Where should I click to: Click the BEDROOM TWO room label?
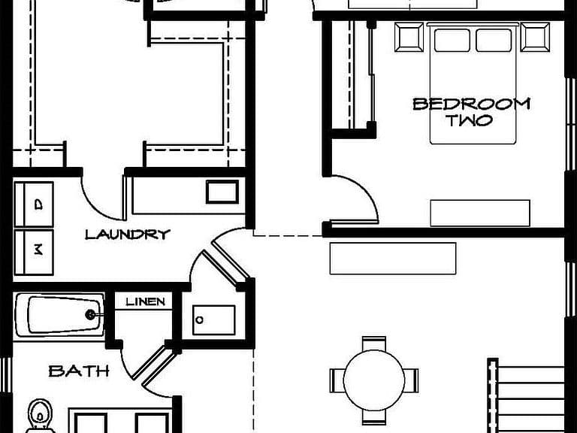tap(471, 112)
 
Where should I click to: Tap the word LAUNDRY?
tap(128, 235)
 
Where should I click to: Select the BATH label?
tap(79, 371)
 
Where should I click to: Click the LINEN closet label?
tap(145, 302)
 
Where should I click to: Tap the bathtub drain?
tap(90, 314)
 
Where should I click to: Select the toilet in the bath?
tap(40, 416)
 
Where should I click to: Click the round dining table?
tap(374, 380)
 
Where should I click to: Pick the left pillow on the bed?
tap(452, 40)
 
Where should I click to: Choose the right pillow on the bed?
tap(494, 40)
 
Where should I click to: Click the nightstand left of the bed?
tap(409, 37)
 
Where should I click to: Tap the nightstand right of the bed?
tap(536, 37)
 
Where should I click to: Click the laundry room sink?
tap(222, 192)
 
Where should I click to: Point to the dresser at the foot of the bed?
tap(480, 213)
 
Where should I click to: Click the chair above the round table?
tap(374, 344)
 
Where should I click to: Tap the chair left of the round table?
tap(337, 380)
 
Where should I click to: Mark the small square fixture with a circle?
tap(214, 320)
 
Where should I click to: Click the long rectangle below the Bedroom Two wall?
tap(393, 259)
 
